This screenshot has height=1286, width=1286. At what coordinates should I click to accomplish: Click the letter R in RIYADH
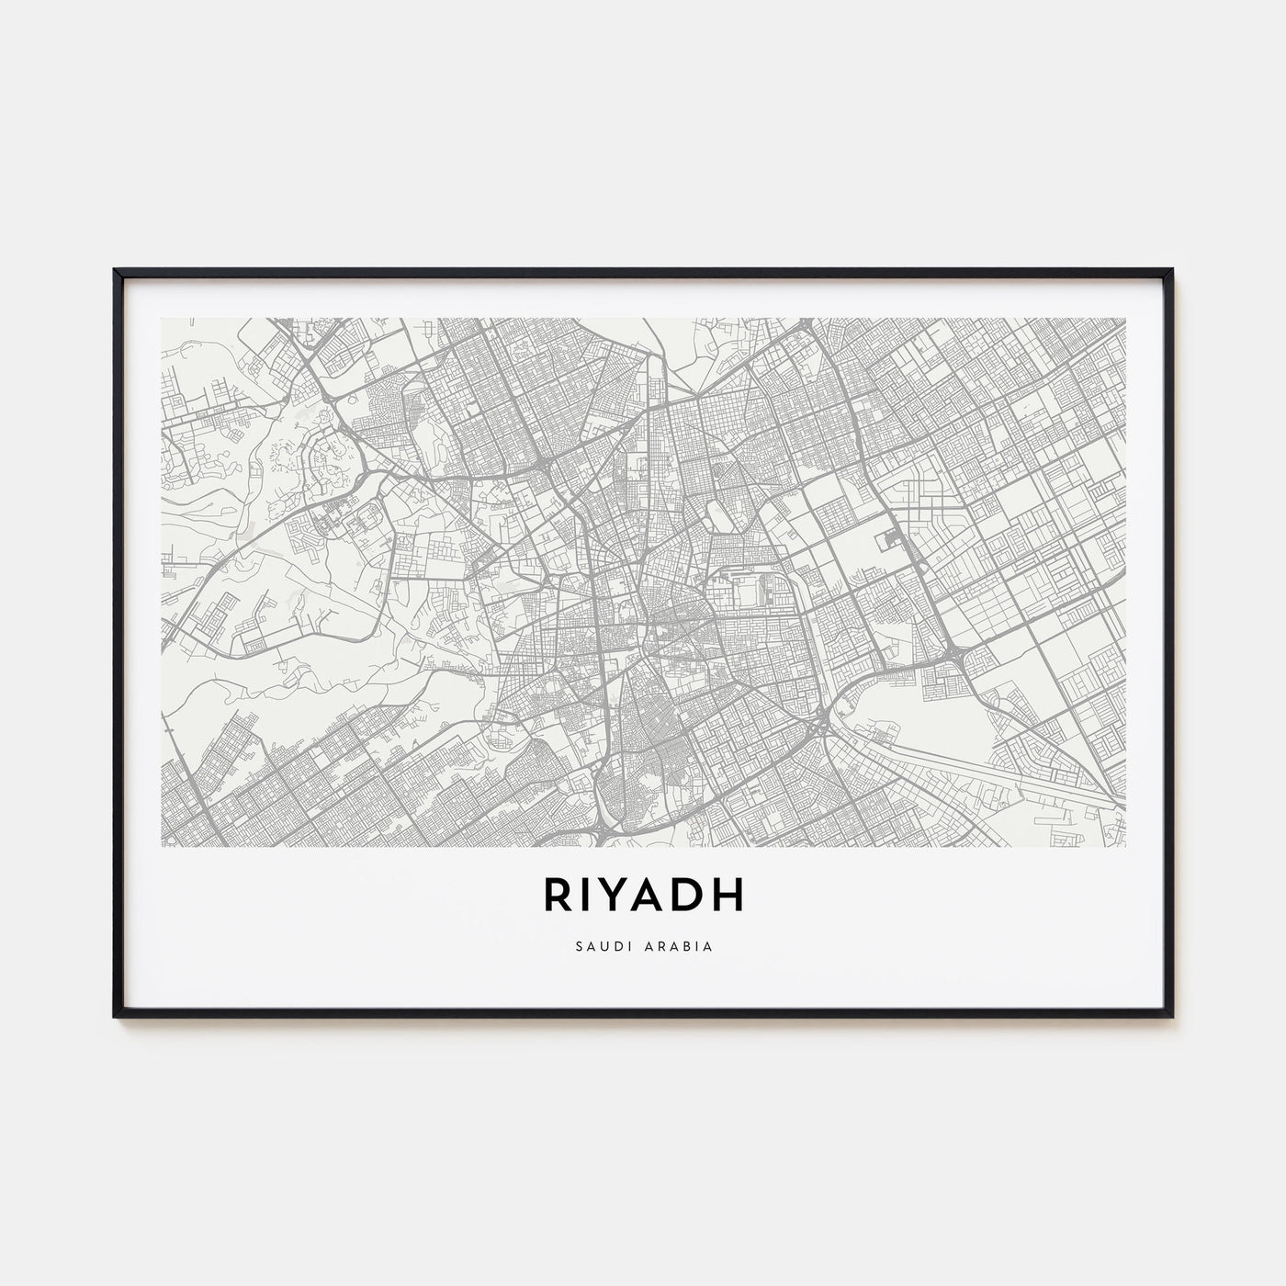click(558, 897)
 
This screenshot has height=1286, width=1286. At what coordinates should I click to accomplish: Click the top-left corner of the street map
click(162, 319)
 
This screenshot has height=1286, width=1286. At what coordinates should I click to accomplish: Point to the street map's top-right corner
click(1125, 319)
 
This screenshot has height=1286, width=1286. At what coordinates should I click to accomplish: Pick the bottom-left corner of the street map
click(162, 845)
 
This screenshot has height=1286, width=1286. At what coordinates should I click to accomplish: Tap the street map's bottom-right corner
click(1125, 845)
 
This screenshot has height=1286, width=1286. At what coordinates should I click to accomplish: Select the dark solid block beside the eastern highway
click(891, 542)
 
